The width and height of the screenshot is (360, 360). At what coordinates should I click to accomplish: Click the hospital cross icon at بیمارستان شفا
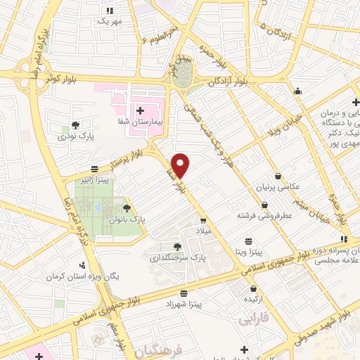click(x=139, y=111)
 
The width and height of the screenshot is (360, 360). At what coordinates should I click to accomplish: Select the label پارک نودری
click(x=75, y=136)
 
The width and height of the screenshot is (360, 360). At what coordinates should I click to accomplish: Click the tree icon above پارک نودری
click(x=75, y=125)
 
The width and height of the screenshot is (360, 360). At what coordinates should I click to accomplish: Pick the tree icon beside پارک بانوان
click(x=127, y=208)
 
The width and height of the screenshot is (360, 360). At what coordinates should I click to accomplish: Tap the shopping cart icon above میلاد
click(x=203, y=220)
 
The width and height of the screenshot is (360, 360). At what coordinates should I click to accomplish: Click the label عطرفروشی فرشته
click(x=264, y=216)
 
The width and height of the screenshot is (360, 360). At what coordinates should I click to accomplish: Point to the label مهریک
click(x=109, y=21)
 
